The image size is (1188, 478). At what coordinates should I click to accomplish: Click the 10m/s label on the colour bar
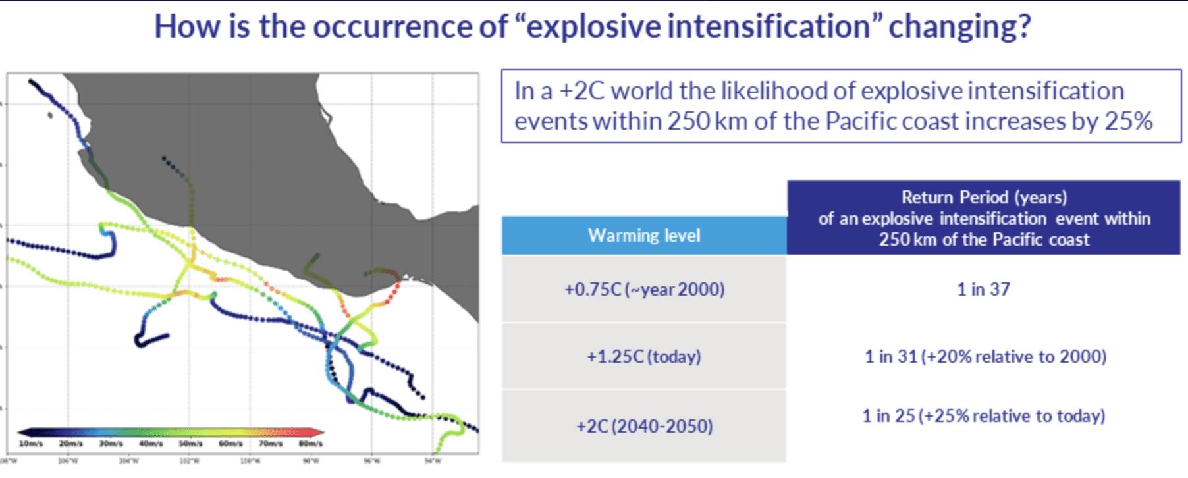(30, 444)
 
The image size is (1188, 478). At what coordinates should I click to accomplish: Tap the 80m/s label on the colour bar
(310, 444)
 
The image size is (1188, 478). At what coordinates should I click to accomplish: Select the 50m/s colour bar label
(190, 444)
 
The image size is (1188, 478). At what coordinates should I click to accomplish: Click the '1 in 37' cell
(983, 289)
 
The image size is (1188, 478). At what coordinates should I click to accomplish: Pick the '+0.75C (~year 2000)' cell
(644, 289)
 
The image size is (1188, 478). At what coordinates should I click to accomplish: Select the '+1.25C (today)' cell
(644, 356)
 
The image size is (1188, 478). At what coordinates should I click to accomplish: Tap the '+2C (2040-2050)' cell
(644, 426)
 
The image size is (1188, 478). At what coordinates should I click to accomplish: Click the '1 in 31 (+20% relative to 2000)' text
(985, 356)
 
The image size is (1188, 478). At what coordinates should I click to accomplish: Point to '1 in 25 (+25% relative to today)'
(983, 416)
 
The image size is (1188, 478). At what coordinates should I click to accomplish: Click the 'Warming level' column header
(644, 236)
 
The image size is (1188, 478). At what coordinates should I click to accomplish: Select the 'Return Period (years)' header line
(984, 198)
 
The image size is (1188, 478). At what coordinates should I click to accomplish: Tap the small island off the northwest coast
(51, 115)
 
